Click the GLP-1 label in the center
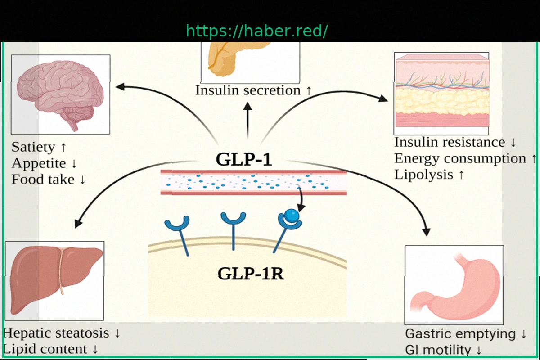244,160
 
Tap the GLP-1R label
251,274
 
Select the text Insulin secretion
248,90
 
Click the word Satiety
34,147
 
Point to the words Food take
43,180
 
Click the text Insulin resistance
450,143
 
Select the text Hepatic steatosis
56,333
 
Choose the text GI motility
438,350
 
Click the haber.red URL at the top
257,31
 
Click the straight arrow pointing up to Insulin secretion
247,119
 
